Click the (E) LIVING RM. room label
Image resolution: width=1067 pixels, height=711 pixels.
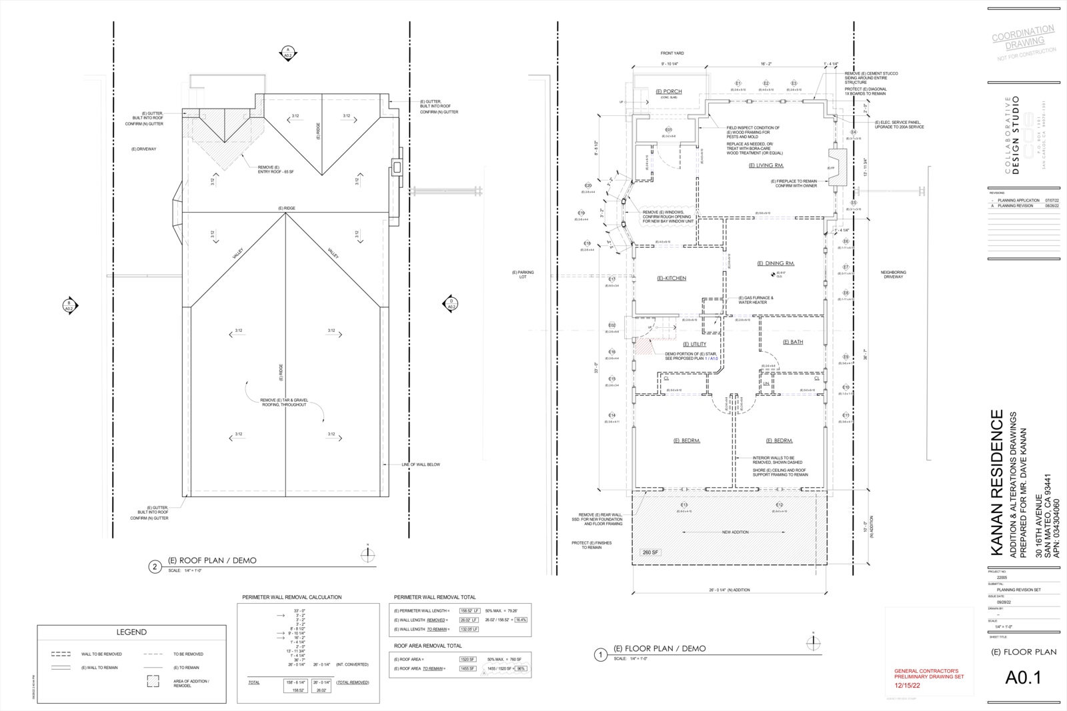coord(766,165)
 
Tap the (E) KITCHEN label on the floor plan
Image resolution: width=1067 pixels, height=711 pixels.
coord(672,279)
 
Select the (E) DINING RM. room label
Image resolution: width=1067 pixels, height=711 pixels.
coord(776,263)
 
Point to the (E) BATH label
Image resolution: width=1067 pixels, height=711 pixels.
coord(793,342)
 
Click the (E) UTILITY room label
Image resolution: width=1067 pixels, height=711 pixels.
coord(694,345)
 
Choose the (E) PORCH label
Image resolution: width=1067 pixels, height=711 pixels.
coord(668,92)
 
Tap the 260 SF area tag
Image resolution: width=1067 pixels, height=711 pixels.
coord(650,552)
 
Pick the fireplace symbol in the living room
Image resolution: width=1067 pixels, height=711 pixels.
coord(837,167)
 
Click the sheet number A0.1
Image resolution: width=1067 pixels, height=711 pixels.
coord(1023,678)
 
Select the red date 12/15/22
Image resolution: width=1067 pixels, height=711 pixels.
coord(907,685)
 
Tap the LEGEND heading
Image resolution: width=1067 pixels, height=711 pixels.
coord(131,632)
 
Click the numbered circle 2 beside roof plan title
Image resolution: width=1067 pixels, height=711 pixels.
coord(155,566)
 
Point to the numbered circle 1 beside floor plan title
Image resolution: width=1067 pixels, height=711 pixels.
coord(600,655)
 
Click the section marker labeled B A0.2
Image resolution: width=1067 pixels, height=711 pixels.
coord(69,306)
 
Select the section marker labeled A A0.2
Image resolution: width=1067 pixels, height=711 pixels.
coord(287,53)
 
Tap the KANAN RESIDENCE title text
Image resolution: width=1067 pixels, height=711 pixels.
coord(997,482)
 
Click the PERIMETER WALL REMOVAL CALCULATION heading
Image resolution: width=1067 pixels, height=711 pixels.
coord(291,597)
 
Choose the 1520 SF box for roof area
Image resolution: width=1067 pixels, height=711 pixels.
coord(467,659)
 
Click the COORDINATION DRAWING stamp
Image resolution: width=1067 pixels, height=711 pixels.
coord(1023,38)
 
